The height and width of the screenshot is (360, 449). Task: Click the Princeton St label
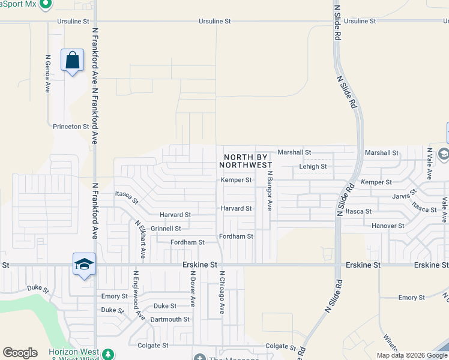tap(71, 127)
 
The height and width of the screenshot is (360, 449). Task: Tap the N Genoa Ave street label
tap(47, 74)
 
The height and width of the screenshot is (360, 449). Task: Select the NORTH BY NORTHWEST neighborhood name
tap(247, 160)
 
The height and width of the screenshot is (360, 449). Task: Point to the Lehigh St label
tap(313, 167)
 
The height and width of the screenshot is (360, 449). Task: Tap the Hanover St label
tap(388, 226)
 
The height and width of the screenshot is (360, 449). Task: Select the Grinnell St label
tap(166, 229)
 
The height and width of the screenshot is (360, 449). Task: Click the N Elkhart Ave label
tap(140, 239)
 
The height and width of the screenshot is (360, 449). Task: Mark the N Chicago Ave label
tap(221, 292)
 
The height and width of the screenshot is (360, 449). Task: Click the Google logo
tap(20, 353)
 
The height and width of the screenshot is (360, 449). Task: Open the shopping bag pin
tap(72, 60)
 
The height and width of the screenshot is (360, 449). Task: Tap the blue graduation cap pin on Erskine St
tap(84, 264)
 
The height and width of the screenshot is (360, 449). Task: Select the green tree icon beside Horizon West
tap(108, 353)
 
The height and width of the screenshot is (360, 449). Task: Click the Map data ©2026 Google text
tap(412, 355)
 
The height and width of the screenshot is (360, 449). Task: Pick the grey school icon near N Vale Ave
tap(444, 154)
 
